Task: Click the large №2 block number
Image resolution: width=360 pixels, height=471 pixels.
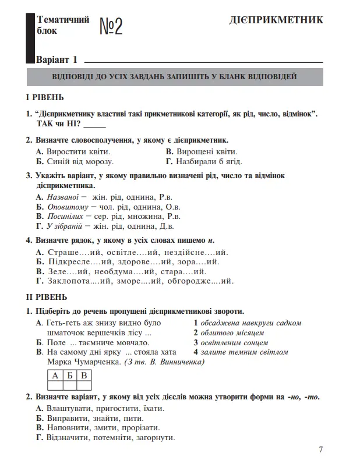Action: point(111,26)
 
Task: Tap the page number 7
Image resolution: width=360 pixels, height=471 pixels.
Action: point(321,449)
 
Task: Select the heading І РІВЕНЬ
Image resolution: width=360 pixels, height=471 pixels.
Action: point(45,97)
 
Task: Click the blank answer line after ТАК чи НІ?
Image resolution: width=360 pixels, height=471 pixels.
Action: point(94,124)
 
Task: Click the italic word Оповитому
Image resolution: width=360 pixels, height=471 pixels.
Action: point(67,207)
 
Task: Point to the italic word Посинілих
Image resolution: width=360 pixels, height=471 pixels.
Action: point(66,217)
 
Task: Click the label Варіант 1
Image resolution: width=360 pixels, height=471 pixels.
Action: point(57,60)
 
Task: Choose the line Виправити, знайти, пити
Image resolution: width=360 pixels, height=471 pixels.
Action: point(90,418)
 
